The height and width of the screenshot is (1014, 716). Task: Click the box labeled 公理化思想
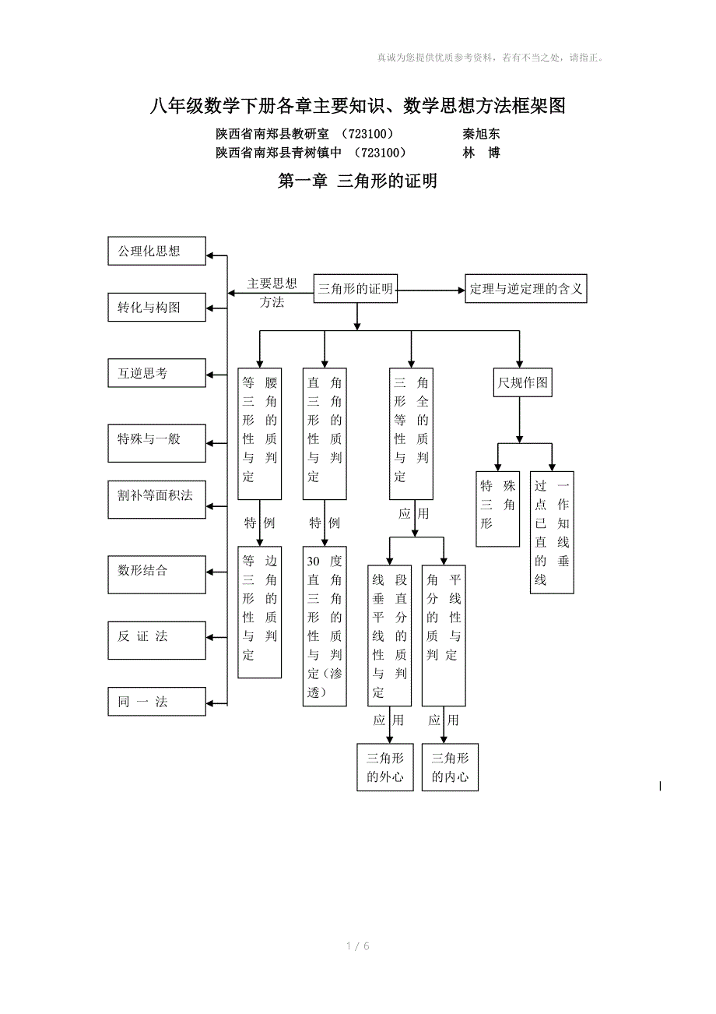click(x=156, y=252)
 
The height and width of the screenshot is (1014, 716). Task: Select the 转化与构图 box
click(x=156, y=308)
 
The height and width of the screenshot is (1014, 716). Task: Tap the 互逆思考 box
click(x=156, y=373)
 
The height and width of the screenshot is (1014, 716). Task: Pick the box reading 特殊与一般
click(x=156, y=439)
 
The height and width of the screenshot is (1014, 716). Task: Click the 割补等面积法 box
click(x=156, y=495)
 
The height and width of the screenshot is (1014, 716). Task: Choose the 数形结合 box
click(x=156, y=571)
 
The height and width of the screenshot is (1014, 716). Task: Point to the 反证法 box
click(x=156, y=636)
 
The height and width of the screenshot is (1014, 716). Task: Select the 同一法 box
click(x=156, y=702)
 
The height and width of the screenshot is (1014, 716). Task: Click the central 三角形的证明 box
click(x=356, y=289)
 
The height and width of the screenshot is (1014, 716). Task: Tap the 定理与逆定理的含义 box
click(x=525, y=289)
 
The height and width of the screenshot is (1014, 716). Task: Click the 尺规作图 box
click(x=523, y=383)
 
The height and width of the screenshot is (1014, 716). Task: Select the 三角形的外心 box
click(x=385, y=767)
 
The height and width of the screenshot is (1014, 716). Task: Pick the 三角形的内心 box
click(x=450, y=767)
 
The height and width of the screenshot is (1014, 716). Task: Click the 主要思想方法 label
click(x=272, y=292)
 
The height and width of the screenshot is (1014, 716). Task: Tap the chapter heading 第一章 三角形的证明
click(x=357, y=181)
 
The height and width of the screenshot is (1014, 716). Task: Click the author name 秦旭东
click(x=481, y=134)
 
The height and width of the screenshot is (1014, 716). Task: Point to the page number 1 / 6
click(x=357, y=946)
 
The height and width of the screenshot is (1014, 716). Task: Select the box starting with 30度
click(x=325, y=626)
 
